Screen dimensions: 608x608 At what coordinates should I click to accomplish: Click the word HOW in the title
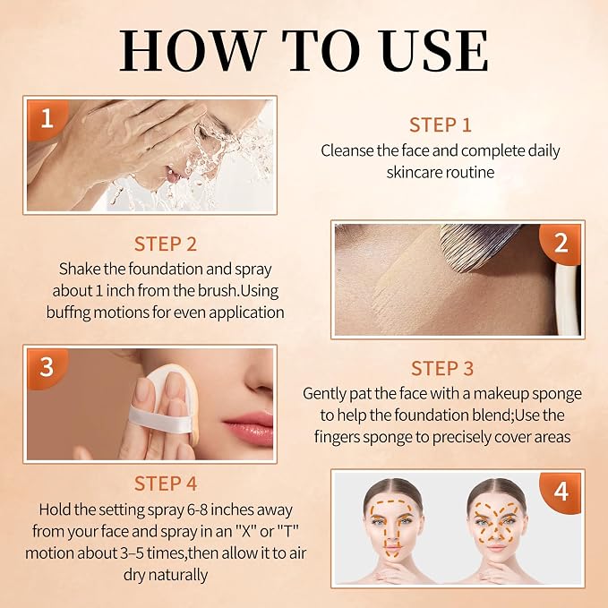coord(193,51)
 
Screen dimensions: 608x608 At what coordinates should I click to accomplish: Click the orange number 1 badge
coord(47,119)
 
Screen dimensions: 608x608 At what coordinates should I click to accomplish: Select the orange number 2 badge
coord(561,244)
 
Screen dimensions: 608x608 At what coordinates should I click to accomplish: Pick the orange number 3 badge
coord(47,367)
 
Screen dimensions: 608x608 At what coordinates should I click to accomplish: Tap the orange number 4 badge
coord(561,492)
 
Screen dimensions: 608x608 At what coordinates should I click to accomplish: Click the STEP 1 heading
coord(440,125)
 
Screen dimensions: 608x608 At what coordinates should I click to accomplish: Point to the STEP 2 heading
coord(166,244)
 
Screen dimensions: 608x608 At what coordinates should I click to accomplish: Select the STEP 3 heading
coord(442,368)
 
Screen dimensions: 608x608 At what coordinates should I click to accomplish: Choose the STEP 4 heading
coord(166,484)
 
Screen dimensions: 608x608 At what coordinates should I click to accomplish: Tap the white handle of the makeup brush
coord(566,298)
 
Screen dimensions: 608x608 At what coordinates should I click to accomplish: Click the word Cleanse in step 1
coord(347,150)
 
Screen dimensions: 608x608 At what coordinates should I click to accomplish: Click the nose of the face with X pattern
coord(497,534)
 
